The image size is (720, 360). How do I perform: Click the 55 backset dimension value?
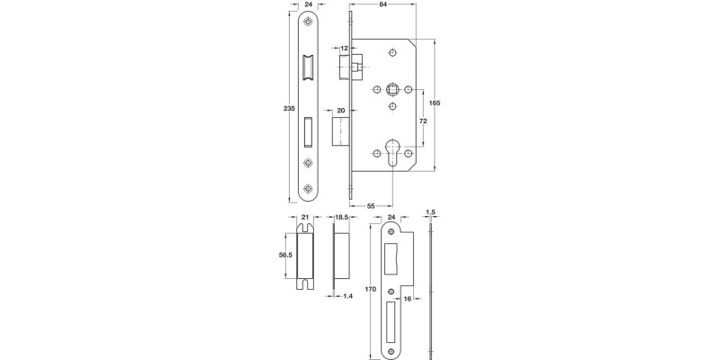pos(371,206)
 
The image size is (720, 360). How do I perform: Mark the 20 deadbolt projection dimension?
pos(342,111)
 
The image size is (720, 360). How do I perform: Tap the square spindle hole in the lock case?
pos(392,91)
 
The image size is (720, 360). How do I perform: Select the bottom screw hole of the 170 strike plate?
pos(392,347)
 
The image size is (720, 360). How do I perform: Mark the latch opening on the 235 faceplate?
pos(309,67)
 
